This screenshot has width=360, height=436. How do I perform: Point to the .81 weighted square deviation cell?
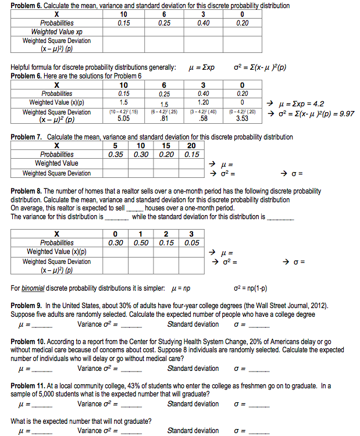point(164,119)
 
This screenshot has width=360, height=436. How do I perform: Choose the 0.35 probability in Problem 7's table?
point(116,154)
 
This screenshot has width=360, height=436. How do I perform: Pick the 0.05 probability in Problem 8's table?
point(191,242)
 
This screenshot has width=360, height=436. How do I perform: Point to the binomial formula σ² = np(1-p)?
point(250,288)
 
